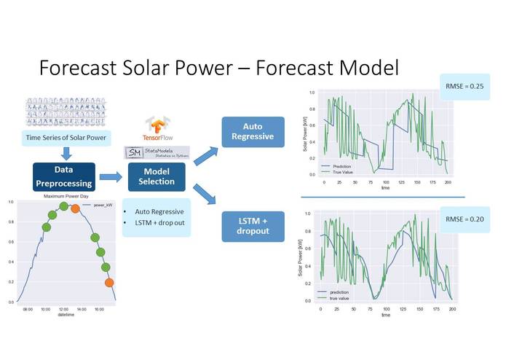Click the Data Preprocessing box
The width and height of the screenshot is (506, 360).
pyautogui.click(x=64, y=176)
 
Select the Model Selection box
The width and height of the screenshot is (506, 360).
pyautogui.click(x=155, y=176)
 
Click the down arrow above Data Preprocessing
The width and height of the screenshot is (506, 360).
pyautogui.click(x=65, y=154)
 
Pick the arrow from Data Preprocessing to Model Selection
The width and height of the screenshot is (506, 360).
pyautogui.click(x=110, y=176)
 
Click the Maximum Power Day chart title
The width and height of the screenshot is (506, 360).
pyautogui.click(x=65, y=197)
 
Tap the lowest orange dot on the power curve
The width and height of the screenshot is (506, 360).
pyautogui.click(x=109, y=282)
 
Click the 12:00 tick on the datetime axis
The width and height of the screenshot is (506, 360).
pyautogui.click(x=64, y=309)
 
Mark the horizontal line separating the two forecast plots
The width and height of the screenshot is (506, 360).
pyautogui.click(x=382, y=197)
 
